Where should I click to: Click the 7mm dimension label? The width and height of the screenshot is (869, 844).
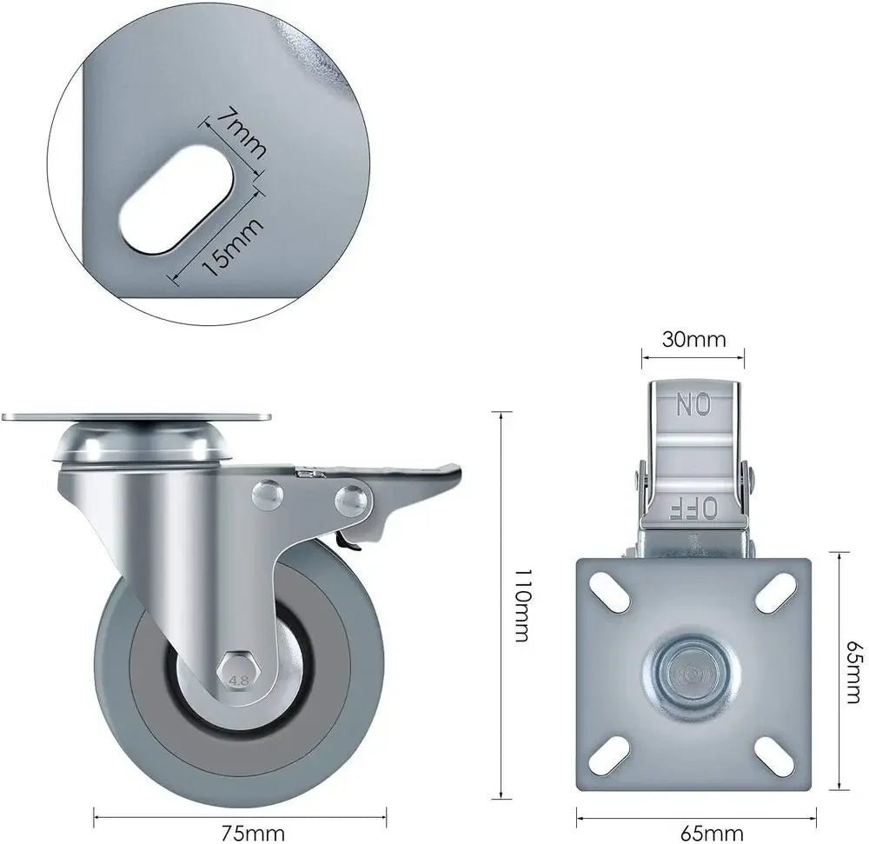click(x=241, y=134)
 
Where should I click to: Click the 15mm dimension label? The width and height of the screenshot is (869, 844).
click(x=231, y=247)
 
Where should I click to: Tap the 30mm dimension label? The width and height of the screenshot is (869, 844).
click(x=693, y=339)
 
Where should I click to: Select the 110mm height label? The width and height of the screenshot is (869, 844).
click(x=523, y=605)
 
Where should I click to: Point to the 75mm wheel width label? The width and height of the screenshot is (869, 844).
click(x=253, y=833)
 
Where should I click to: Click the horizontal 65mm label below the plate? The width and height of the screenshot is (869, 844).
click(x=712, y=833)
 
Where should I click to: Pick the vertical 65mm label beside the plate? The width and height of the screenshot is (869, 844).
click(x=856, y=672)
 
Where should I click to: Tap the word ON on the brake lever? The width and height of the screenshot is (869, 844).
click(x=693, y=404)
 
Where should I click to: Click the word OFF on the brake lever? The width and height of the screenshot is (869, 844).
click(x=693, y=508)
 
